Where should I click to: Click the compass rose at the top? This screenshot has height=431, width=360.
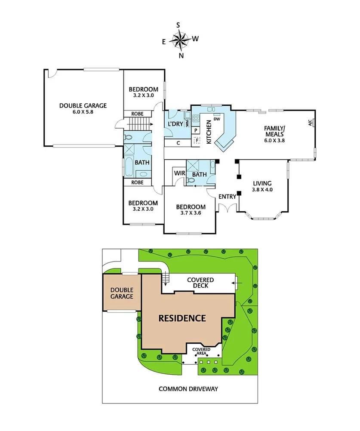click(180, 40)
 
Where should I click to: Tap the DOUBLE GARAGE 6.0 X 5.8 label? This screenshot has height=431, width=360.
click(83, 108)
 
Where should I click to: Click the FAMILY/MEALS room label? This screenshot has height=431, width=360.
click(274, 133)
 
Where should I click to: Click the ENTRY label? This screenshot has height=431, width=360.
click(227, 197)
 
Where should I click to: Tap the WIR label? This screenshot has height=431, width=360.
click(179, 173)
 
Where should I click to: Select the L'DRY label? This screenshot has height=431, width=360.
click(175, 124)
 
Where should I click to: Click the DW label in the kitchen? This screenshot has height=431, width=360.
click(217, 119)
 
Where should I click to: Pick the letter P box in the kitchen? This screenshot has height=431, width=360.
click(196, 130)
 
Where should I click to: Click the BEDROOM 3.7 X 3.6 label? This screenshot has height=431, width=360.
click(191, 209)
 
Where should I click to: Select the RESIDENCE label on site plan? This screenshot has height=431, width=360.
click(182, 318)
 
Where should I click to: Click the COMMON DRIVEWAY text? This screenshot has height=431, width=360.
click(188, 389)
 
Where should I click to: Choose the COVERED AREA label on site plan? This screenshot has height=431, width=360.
click(201, 351)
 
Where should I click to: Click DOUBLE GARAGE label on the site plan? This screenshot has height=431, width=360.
click(122, 293)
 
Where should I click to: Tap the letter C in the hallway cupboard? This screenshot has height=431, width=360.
click(178, 143)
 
